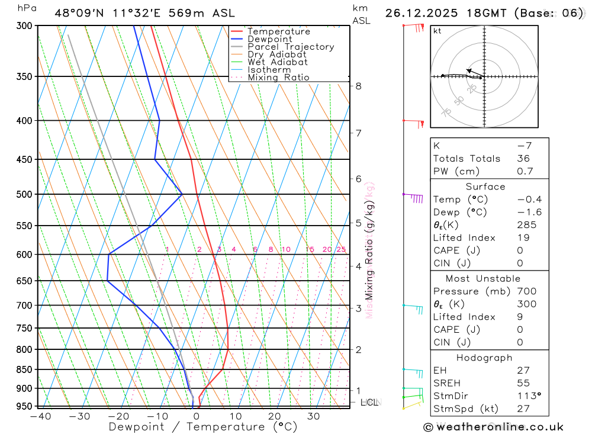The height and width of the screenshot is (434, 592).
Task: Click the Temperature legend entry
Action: click(x=278, y=31)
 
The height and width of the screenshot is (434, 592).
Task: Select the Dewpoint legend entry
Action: click(x=269, y=39)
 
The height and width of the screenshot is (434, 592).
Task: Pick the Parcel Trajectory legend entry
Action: click(x=291, y=47)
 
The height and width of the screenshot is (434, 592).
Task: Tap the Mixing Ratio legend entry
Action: click(x=278, y=78)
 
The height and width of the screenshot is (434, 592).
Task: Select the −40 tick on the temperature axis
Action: click(x=40, y=416)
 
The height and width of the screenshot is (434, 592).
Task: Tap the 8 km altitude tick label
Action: click(x=359, y=86)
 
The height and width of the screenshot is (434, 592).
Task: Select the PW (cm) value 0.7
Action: click(x=525, y=171)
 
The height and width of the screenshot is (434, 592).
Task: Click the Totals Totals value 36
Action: click(x=523, y=158)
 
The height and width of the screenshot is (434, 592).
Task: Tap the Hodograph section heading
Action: click(x=485, y=358)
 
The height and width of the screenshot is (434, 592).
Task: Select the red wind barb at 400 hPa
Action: click(x=416, y=123)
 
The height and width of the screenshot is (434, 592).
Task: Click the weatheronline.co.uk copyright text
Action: click(x=493, y=427)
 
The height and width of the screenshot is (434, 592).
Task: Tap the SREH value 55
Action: click(x=523, y=383)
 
